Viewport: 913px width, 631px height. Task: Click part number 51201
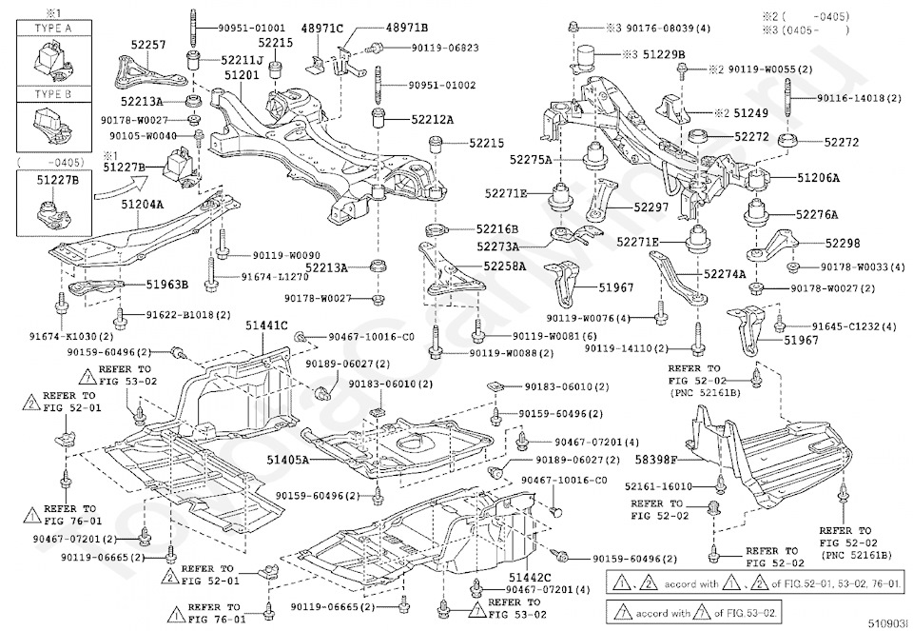(x=242, y=74)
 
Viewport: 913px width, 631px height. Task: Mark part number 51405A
(x=286, y=459)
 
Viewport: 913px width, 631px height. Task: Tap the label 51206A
(x=818, y=178)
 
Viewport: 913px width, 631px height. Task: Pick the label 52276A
(x=818, y=215)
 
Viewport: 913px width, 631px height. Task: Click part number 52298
(x=842, y=244)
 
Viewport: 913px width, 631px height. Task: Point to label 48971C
(x=322, y=29)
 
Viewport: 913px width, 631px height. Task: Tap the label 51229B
(x=664, y=53)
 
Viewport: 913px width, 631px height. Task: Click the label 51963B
(x=166, y=284)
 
